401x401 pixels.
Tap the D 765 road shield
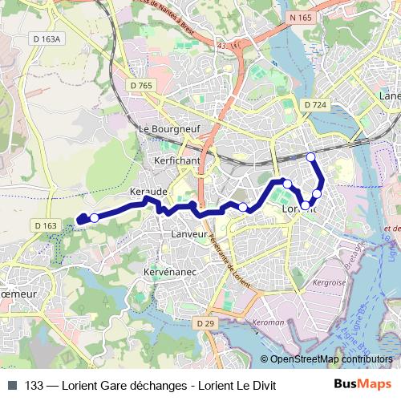click(140, 85)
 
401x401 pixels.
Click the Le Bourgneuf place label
click(169, 128)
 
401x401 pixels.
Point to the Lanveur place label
click(189, 233)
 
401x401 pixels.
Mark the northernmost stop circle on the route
click(311, 157)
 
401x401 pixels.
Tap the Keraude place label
click(148, 192)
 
